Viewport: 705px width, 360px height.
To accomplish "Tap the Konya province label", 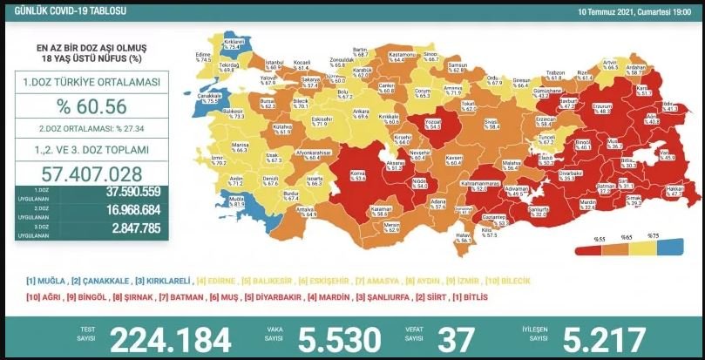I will point(356,173).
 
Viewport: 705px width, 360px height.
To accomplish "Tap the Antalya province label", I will point(306,212).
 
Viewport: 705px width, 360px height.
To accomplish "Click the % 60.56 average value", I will point(91,107).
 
